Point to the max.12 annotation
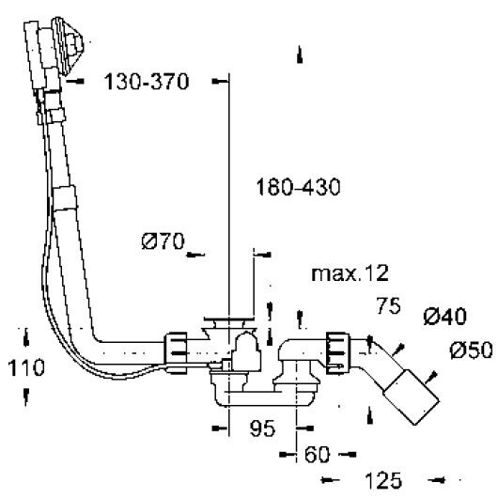(350, 275)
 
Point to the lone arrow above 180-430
(299, 54)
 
